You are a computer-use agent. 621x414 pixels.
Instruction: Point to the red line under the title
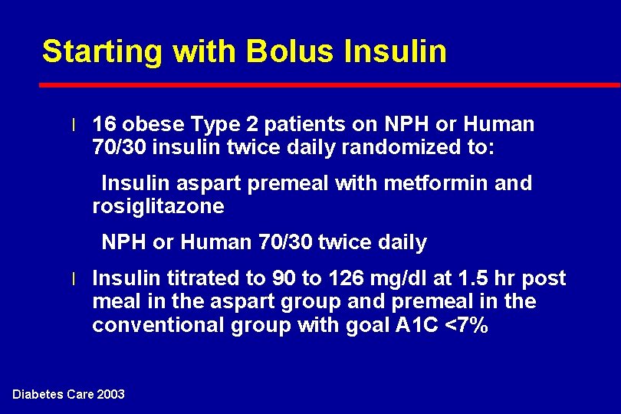pos(330,84)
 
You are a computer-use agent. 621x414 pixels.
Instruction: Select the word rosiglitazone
pos(158,206)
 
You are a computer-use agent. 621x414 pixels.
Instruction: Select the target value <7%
pos(466,326)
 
